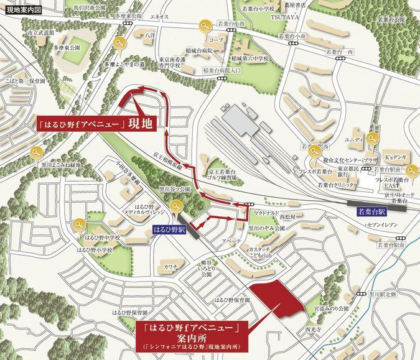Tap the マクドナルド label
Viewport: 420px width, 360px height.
click(266, 213)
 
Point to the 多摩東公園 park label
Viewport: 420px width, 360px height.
click(67, 47)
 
